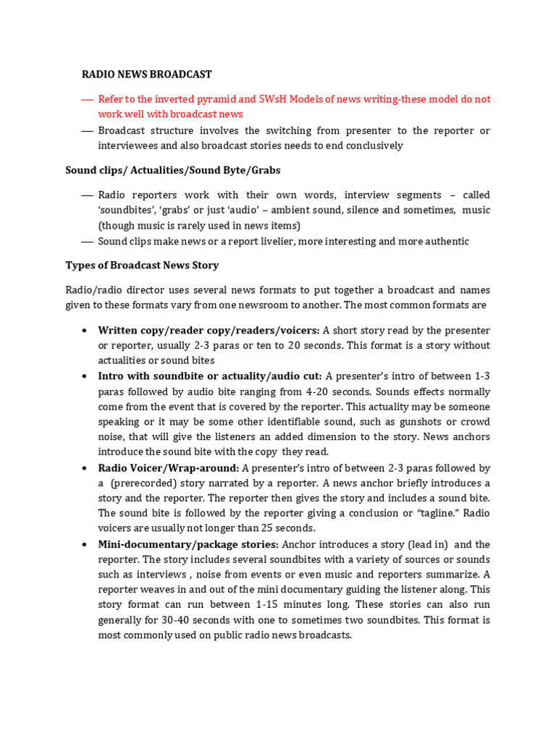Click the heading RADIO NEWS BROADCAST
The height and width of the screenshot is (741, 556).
(x=146, y=74)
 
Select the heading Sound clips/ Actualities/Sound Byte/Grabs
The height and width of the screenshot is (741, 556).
(x=172, y=170)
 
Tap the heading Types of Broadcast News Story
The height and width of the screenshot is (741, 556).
(x=142, y=265)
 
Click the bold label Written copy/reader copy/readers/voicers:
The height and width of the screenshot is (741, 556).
(x=208, y=330)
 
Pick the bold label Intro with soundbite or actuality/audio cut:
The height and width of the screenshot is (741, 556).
(x=210, y=376)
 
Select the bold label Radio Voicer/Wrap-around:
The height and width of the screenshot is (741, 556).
(x=168, y=468)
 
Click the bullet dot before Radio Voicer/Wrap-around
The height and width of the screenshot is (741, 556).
(x=85, y=468)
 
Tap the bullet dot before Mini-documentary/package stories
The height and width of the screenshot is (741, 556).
(x=85, y=544)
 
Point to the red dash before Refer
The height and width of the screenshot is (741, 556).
(x=88, y=99)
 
